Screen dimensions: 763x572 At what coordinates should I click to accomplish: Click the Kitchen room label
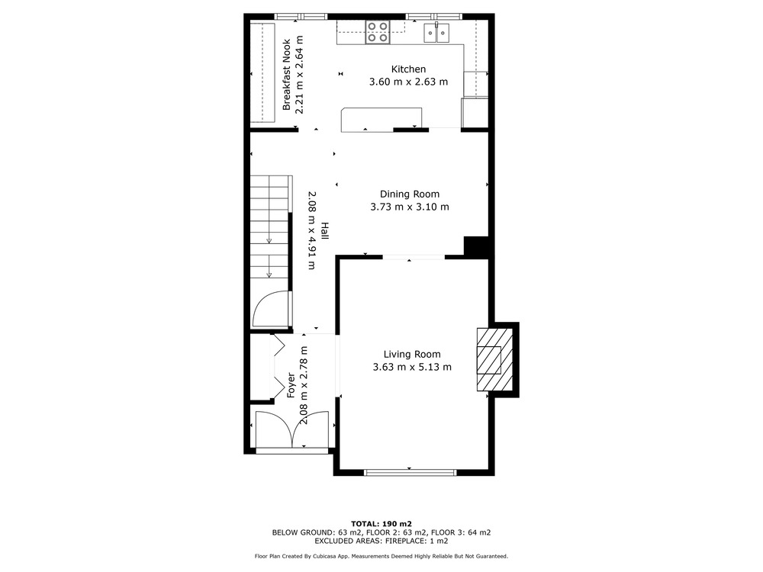tap(408, 69)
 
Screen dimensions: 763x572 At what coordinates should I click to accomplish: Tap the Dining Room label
tap(409, 194)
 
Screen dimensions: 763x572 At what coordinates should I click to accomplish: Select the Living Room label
tap(412, 355)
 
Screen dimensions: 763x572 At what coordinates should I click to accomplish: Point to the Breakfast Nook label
tap(287, 75)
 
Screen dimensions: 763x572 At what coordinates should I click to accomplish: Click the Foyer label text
tap(291, 385)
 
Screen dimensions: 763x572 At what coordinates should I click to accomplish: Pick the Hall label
tap(324, 230)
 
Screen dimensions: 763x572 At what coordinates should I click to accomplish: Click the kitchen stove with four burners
tap(378, 32)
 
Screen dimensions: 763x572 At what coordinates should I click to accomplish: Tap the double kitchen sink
tap(437, 33)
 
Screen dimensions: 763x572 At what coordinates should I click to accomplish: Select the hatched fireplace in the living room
tap(494, 359)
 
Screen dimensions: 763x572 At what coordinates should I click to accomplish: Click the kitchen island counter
tap(381, 120)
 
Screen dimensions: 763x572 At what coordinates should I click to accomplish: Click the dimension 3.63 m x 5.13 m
tap(412, 368)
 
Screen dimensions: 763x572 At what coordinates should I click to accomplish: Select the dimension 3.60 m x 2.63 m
tap(408, 82)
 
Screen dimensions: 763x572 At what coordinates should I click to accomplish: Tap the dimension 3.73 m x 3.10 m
tap(409, 207)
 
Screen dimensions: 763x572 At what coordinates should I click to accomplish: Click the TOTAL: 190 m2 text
tap(381, 524)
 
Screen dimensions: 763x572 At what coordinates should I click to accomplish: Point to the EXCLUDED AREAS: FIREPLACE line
tap(381, 541)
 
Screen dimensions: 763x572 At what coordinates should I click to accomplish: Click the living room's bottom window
tap(410, 472)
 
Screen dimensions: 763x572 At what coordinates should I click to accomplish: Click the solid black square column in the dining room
tap(475, 246)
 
